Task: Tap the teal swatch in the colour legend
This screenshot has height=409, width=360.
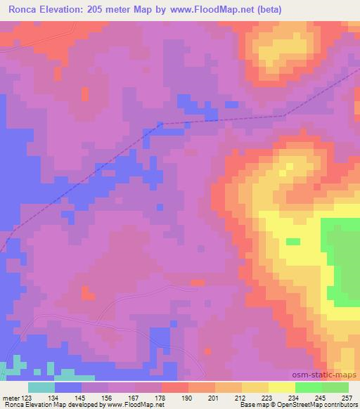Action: point(41,387)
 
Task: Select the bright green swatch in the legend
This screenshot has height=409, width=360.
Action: point(309,387)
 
